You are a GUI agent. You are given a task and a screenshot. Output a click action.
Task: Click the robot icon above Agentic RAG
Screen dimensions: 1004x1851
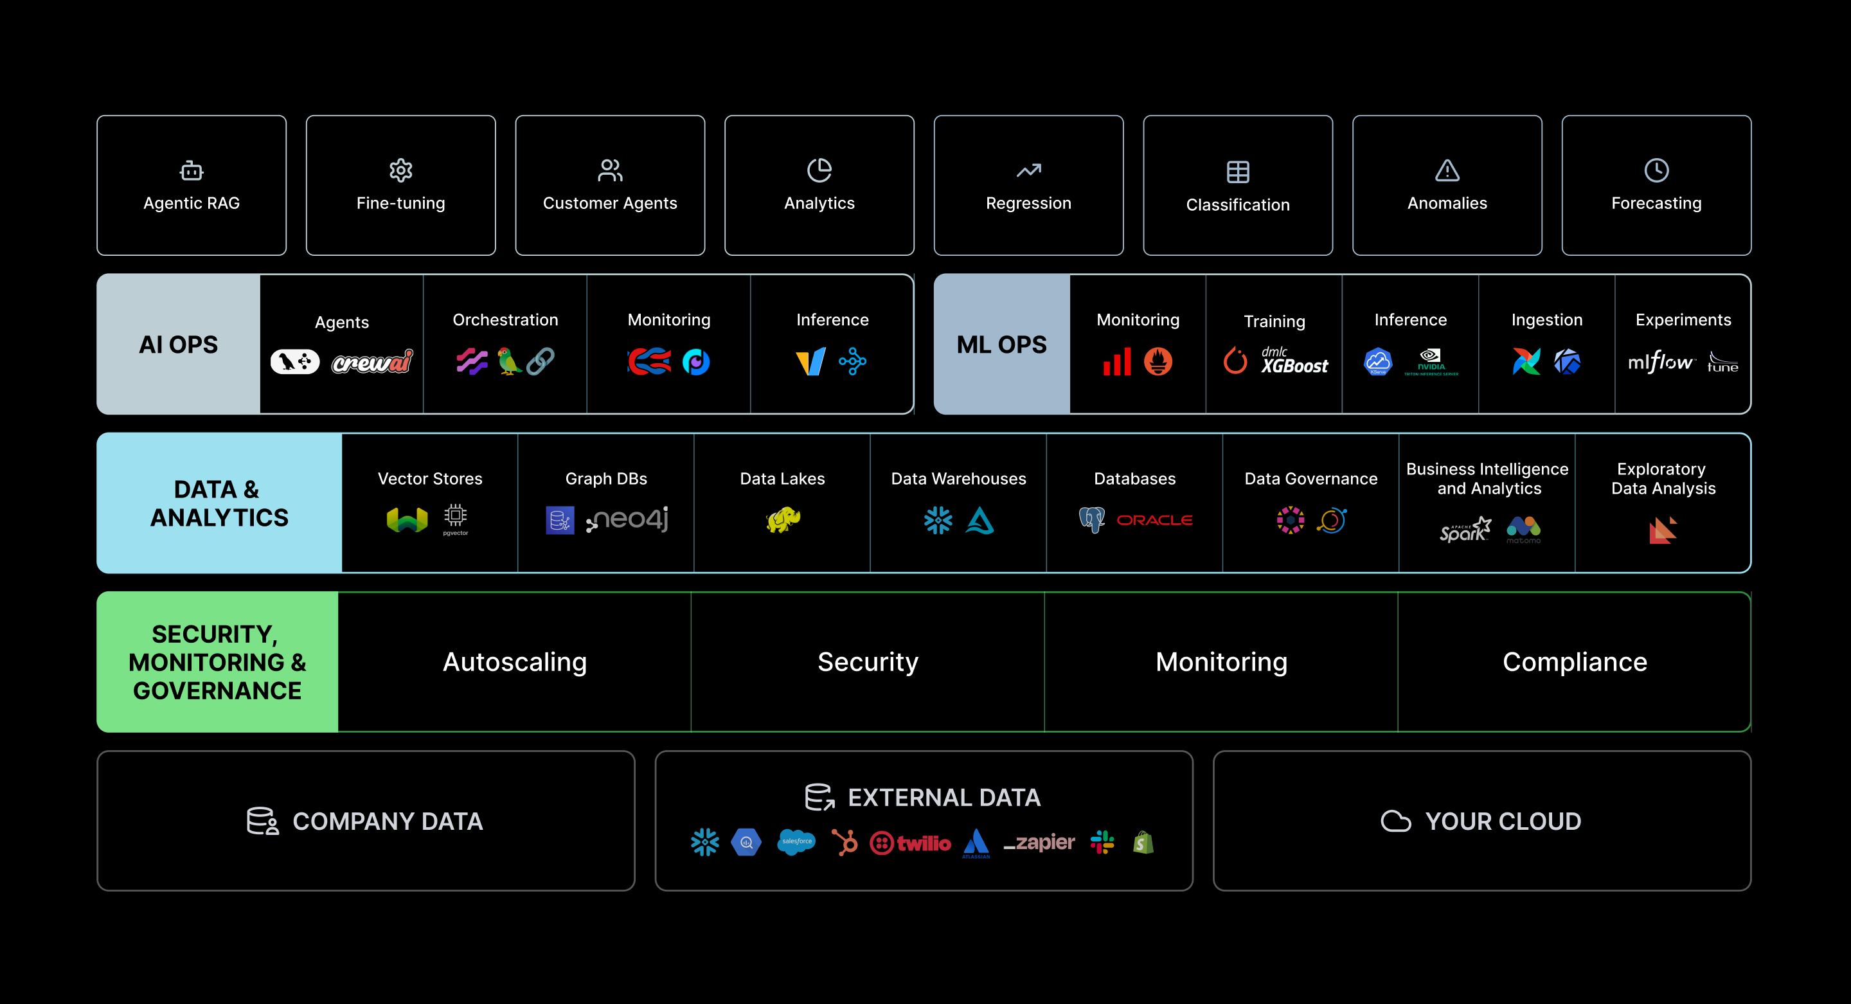[191, 170]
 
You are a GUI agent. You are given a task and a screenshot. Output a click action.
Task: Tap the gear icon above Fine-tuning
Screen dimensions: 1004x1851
[400, 170]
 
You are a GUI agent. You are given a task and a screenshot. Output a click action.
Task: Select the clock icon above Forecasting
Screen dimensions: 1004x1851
[1656, 170]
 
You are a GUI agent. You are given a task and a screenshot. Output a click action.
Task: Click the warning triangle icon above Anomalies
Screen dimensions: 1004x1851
[1447, 170]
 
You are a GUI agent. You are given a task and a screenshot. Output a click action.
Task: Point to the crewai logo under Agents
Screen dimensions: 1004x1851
[372, 361]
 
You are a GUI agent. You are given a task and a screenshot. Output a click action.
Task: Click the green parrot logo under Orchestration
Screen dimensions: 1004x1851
[509, 361]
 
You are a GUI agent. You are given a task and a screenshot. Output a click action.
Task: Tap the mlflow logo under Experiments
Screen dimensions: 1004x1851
[1661, 361]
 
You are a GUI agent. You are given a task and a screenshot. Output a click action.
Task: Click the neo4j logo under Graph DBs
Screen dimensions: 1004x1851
[627, 519]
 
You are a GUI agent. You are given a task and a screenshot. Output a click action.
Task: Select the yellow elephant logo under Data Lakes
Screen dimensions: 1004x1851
[783, 519]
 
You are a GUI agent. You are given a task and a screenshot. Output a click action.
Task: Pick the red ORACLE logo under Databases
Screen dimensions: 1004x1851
[1154, 519]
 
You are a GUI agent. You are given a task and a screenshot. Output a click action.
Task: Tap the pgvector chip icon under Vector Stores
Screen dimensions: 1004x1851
[456, 518]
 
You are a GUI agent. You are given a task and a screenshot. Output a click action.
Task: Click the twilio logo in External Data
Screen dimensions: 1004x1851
[911, 842]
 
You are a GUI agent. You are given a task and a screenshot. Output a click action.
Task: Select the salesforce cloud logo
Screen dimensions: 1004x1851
[796, 841]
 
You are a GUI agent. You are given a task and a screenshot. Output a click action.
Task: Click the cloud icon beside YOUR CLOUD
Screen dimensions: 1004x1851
[1395, 821]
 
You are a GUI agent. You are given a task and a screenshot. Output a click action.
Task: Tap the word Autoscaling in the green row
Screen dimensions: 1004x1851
[514, 662]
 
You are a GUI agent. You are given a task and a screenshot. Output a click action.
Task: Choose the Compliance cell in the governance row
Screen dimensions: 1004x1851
[1575, 662]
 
